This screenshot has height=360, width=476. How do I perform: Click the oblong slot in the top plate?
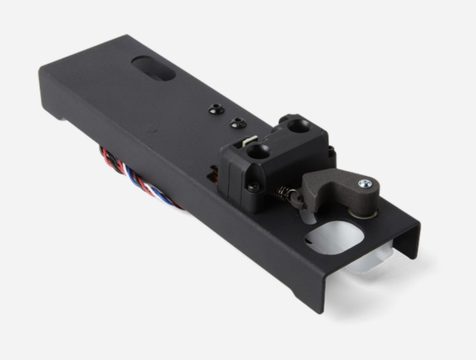(153, 68)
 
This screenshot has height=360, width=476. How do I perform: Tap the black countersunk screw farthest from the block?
(216, 110)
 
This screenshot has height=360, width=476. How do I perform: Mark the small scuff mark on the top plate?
(155, 131)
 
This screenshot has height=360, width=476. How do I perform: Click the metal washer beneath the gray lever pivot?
(360, 213)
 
